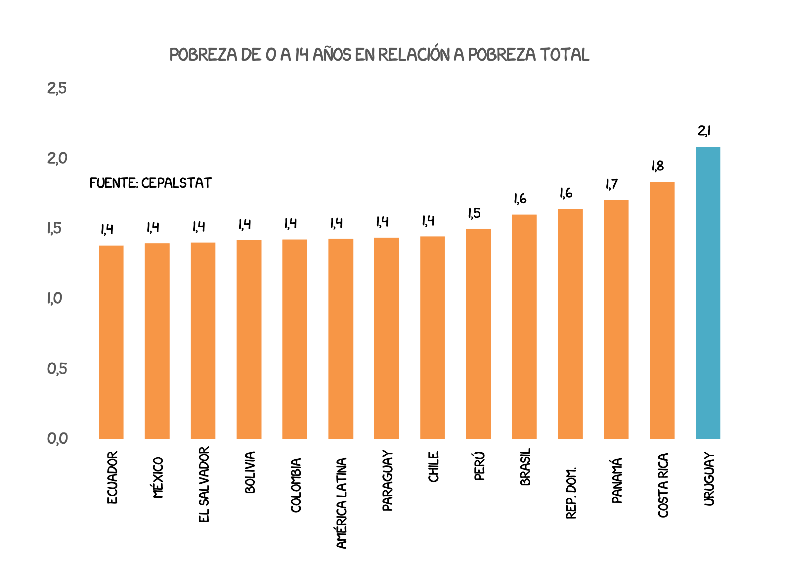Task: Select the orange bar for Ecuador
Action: click(111, 342)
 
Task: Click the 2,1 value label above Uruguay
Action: click(704, 131)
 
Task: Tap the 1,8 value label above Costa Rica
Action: click(657, 166)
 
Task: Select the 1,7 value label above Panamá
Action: click(612, 184)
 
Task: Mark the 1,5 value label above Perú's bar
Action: click(474, 213)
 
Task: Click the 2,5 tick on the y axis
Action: click(57, 88)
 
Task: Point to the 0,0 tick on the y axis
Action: click(57, 438)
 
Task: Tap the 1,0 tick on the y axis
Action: click(55, 298)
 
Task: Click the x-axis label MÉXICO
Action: click(158, 477)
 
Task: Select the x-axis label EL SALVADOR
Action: click(204, 484)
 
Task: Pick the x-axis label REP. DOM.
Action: click(571, 493)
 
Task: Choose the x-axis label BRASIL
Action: click(525, 467)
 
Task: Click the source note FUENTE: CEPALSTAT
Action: click(150, 183)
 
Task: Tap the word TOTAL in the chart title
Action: click(564, 54)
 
